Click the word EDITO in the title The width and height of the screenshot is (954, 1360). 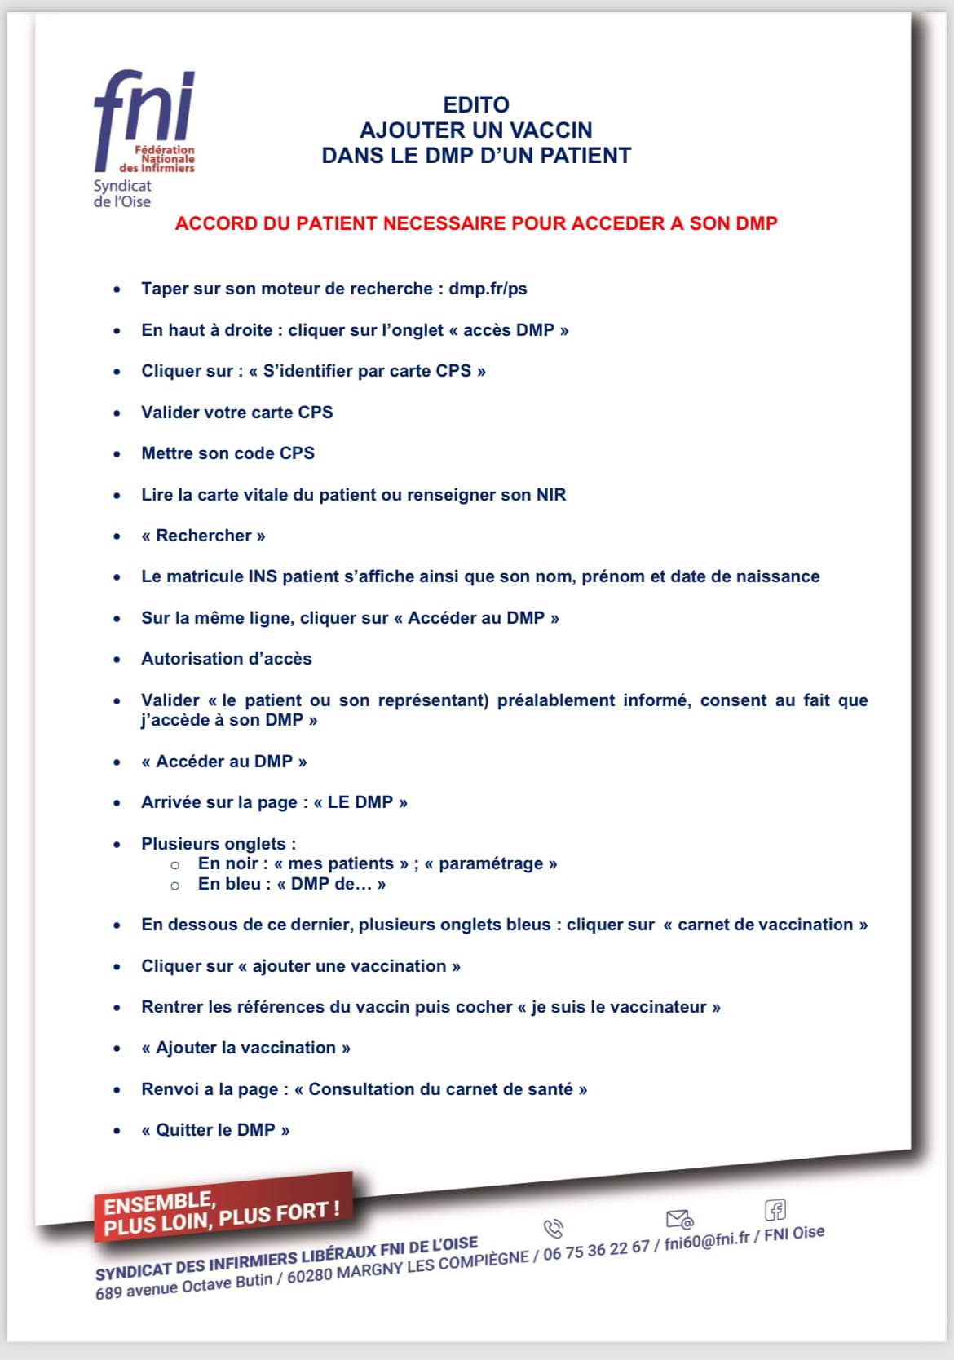pyautogui.click(x=476, y=105)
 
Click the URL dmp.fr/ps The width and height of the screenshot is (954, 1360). pyautogui.click(x=488, y=289)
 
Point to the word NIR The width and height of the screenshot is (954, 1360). pyautogui.click(x=551, y=495)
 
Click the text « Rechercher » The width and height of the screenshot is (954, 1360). pyautogui.click(x=203, y=536)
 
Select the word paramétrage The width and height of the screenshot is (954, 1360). pyautogui.click(x=490, y=863)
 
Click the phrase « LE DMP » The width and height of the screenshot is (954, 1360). pyautogui.click(x=360, y=802)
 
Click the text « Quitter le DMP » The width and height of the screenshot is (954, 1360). pyautogui.click(x=215, y=1130)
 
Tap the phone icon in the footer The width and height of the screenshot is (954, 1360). pyautogui.click(x=553, y=1228)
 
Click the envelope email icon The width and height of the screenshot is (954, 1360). pyautogui.click(x=679, y=1219)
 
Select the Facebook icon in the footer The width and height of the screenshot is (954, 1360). pyautogui.click(x=775, y=1209)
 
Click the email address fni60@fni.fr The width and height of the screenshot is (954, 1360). pyautogui.click(x=706, y=1242)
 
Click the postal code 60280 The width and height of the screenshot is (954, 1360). pyautogui.click(x=311, y=1275)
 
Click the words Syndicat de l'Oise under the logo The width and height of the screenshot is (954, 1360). pyautogui.click(x=122, y=194)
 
